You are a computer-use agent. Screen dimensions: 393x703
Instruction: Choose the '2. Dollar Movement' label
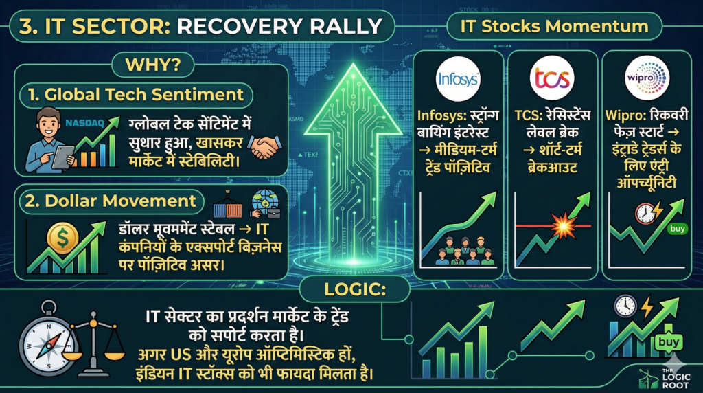tap(111, 201)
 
